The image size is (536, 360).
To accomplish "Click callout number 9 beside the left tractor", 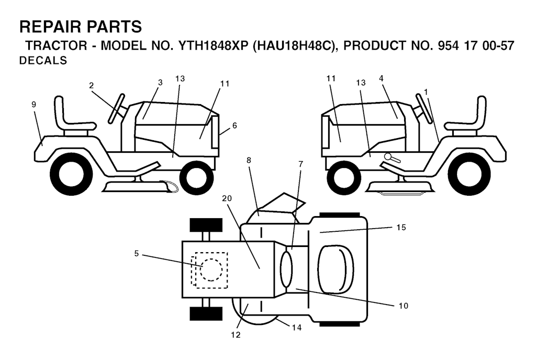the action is pyautogui.click(x=33, y=105).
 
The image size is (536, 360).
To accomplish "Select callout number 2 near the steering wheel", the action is pyautogui.click(x=91, y=85).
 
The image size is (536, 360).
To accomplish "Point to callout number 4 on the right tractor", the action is pyautogui.click(x=381, y=78).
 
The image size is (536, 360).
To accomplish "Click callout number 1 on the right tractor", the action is pyautogui.click(x=426, y=92).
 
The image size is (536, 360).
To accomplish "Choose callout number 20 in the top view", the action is pyautogui.click(x=227, y=198).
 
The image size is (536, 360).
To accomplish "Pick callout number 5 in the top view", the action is pyautogui.click(x=137, y=253).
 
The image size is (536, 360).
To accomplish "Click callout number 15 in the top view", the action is pyautogui.click(x=401, y=227).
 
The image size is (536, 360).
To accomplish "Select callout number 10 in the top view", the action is pyautogui.click(x=404, y=306).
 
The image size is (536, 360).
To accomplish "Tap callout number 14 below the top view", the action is pyautogui.click(x=297, y=328).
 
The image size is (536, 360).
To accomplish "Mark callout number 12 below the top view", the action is pyautogui.click(x=236, y=335).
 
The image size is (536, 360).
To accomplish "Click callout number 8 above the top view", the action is pyautogui.click(x=249, y=160).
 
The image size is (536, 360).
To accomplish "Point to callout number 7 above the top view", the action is pyautogui.click(x=300, y=164).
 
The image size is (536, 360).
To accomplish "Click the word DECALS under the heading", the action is pyautogui.click(x=43, y=61).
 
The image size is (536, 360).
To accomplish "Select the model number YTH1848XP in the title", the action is pyautogui.click(x=213, y=46).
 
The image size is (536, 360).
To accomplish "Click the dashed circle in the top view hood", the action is pyautogui.click(x=211, y=270).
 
